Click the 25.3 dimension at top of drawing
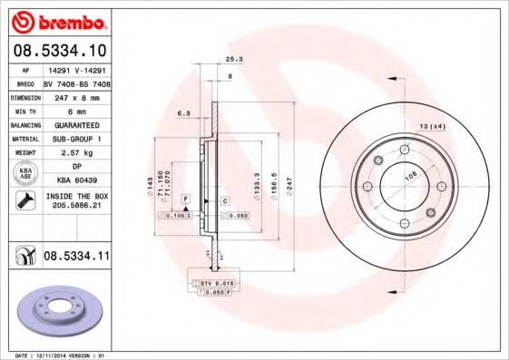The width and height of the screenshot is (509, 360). pos(233,58)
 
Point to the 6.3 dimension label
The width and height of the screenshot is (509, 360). pos(183,113)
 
